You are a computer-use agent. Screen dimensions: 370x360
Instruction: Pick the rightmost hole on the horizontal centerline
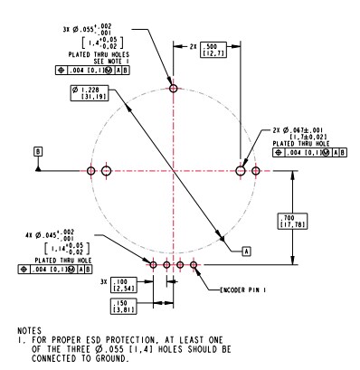click(x=256, y=170)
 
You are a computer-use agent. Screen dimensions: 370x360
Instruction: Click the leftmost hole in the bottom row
click(x=155, y=265)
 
